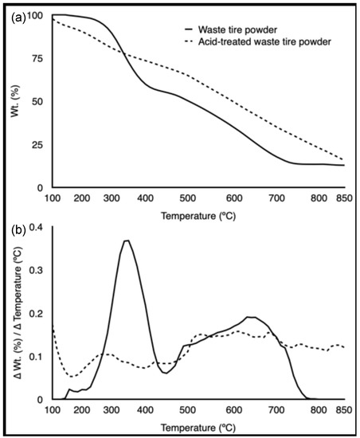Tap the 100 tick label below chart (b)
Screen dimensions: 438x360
(53, 412)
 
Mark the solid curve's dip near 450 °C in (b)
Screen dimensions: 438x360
(164, 372)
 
